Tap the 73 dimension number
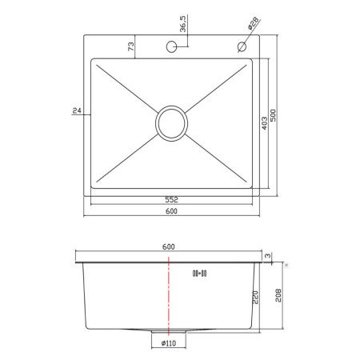pos(130,47)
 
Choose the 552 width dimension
pos(171,200)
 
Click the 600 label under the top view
pos(171,211)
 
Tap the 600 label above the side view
pos(169,246)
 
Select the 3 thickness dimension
pos(271,256)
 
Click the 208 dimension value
pos(277,302)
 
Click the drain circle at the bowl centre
pos(171,122)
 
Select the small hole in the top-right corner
pos(241,46)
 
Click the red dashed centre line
pos(169,296)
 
